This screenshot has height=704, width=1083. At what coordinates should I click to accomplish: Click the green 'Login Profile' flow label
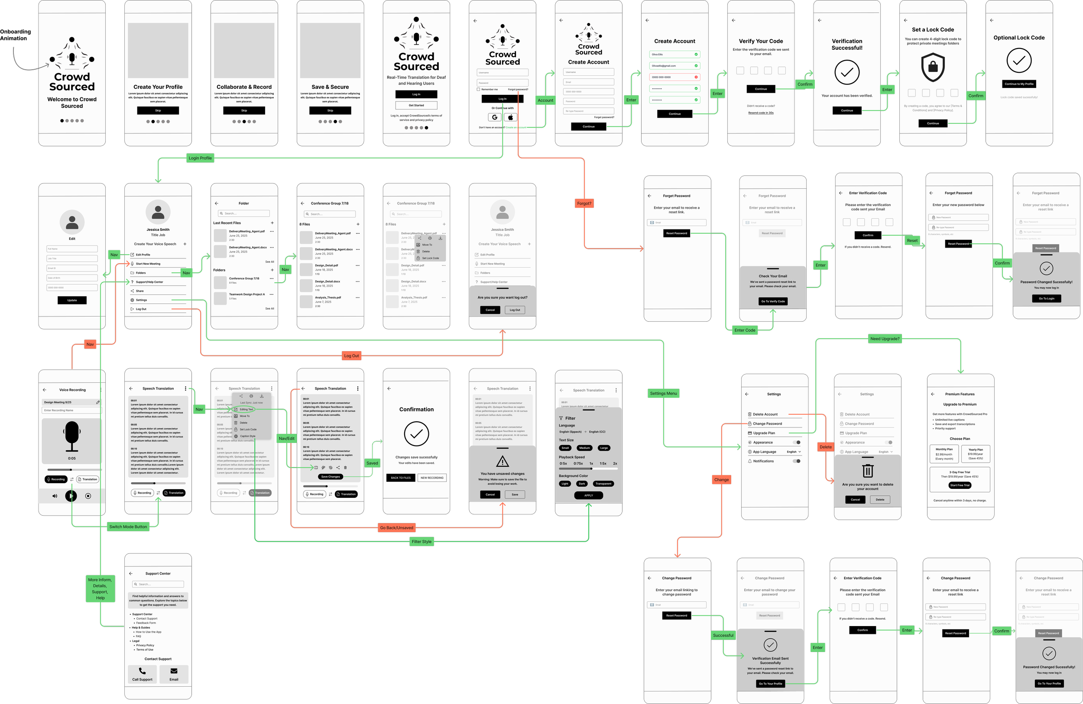[200, 158]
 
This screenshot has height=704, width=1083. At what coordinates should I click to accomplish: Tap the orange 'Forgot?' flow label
[584, 203]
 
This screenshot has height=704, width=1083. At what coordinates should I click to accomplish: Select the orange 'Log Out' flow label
[351, 355]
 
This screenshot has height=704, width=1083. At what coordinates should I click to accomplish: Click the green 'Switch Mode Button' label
[128, 526]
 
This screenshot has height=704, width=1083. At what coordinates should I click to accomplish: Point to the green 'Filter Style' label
[422, 542]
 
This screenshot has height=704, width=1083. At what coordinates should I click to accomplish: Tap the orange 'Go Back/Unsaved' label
[396, 527]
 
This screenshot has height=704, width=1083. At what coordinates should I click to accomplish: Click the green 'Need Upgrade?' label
[885, 339]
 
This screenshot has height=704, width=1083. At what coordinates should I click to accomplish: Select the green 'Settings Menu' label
[664, 394]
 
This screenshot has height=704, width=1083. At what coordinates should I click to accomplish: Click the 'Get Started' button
[416, 106]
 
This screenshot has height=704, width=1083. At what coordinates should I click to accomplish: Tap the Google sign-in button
[495, 117]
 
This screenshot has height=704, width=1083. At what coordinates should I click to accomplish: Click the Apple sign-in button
[511, 117]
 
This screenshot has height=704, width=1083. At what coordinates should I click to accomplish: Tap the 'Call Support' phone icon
[142, 671]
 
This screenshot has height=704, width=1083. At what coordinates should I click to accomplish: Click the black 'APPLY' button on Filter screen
[588, 495]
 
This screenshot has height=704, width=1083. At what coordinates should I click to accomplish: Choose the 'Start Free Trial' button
[960, 485]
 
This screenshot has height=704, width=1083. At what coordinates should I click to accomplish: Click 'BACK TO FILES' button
[400, 478]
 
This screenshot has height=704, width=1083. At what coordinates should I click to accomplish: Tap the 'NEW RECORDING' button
[432, 478]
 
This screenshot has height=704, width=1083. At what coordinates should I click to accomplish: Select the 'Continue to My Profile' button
[1019, 84]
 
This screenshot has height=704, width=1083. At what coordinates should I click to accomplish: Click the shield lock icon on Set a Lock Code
[933, 67]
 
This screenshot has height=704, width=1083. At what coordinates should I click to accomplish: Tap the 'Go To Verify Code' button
[773, 301]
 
